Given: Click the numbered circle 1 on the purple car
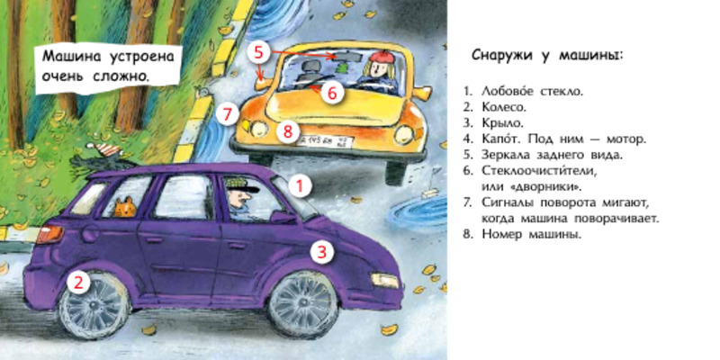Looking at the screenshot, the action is (300, 186).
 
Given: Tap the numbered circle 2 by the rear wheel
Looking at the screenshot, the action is (79, 282).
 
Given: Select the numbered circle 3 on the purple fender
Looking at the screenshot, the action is (322, 252).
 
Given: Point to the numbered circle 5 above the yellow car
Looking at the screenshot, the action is (259, 52).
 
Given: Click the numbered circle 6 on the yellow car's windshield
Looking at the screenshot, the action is (332, 93).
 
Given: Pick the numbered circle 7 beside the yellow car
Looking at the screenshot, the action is (229, 114).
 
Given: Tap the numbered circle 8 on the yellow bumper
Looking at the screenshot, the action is (288, 131).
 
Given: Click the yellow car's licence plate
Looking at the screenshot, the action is (325, 140).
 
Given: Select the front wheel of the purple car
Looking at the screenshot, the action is (303, 305).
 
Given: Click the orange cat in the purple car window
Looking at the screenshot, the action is (125, 208).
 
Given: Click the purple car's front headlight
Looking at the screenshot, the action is (385, 280).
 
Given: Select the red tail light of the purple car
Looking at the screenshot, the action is (49, 234).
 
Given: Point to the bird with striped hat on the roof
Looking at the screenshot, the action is (97, 156).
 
